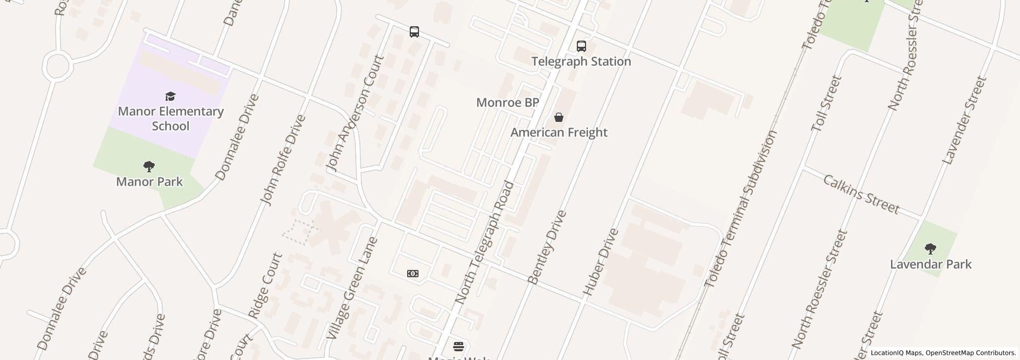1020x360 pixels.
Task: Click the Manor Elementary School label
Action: pyautogui.click(x=171, y=119)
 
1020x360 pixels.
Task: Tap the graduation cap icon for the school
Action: pyautogui.click(x=171, y=96)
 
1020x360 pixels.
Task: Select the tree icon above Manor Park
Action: pyautogui.click(x=149, y=167)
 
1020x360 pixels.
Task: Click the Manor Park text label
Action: pyautogui.click(x=150, y=182)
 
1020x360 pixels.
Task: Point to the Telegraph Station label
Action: pyautogui.click(x=581, y=62)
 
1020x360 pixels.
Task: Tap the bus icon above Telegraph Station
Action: pyautogui.click(x=581, y=46)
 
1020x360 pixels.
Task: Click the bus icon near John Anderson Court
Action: pyautogui.click(x=414, y=32)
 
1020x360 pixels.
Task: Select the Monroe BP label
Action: pyautogui.click(x=507, y=102)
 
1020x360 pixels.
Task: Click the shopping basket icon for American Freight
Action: pyautogui.click(x=559, y=118)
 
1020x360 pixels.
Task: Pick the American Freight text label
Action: pyautogui.click(x=559, y=133)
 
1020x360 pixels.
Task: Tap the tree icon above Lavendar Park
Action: pyautogui.click(x=930, y=249)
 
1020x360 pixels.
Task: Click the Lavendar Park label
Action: pyautogui.click(x=931, y=264)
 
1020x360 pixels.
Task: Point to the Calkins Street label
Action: pyautogui.click(x=861, y=194)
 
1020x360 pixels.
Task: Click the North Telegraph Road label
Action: pyautogui.click(x=485, y=242)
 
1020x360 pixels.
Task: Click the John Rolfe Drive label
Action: pyautogui.click(x=283, y=160)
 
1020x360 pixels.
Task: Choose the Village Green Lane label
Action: pyautogui.click(x=352, y=288)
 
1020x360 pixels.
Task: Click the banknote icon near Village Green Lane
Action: pyautogui.click(x=413, y=274)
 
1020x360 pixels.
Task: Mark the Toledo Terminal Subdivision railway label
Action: pyautogui.click(x=740, y=209)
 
